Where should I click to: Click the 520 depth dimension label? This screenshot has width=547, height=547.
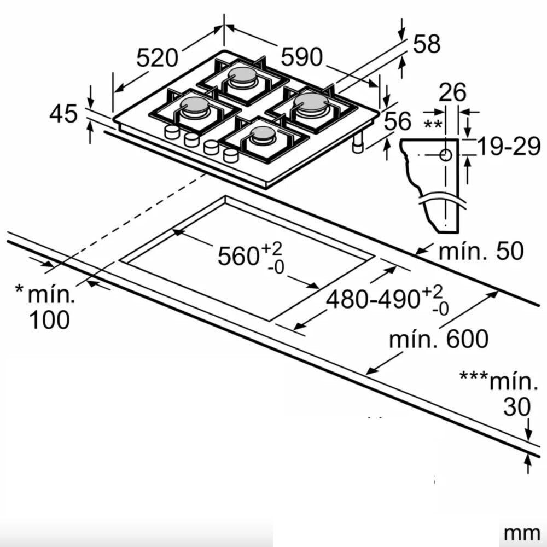point(157,58)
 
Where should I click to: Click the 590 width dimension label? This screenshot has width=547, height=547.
point(302,57)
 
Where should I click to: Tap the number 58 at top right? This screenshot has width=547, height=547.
point(426,44)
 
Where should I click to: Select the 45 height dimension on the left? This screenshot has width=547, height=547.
point(63,114)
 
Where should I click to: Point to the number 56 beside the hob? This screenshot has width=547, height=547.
point(398,121)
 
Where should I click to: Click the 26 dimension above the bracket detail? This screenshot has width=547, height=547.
point(452,92)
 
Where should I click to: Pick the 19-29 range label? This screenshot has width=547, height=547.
point(509,146)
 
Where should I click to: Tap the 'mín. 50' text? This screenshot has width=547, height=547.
point(481,251)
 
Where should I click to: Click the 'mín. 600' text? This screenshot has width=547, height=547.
point(439,339)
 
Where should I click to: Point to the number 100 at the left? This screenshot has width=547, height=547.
point(49,319)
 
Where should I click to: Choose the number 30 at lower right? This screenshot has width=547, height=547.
point(517,406)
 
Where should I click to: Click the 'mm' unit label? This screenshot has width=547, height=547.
point(522,534)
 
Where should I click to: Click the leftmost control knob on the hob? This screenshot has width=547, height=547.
point(172,132)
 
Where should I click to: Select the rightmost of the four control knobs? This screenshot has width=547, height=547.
point(230,155)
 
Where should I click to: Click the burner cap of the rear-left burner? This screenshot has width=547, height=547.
point(242,75)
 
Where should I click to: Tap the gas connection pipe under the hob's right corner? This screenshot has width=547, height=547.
point(358,143)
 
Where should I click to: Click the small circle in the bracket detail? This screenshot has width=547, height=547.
point(445,155)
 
